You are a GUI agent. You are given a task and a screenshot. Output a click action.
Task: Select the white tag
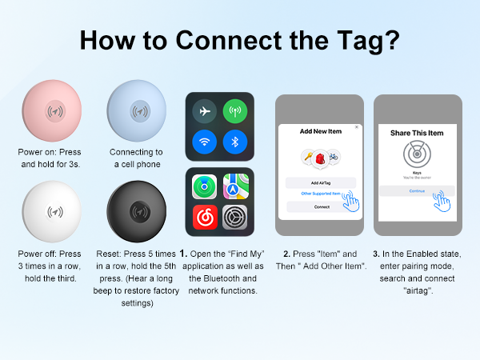(54, 212)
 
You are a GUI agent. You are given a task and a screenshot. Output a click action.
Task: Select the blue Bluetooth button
(235, 141)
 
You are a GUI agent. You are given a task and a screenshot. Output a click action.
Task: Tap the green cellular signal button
(235, 110)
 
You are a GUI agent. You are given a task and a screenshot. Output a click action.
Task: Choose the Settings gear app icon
(235, 217)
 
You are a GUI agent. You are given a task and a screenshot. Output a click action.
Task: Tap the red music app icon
(204, 217)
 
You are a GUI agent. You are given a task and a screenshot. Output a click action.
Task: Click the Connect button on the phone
(321, 206)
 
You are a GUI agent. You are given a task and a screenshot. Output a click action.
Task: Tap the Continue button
(416, 191)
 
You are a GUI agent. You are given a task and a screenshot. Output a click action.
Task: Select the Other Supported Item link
(319, 194)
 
